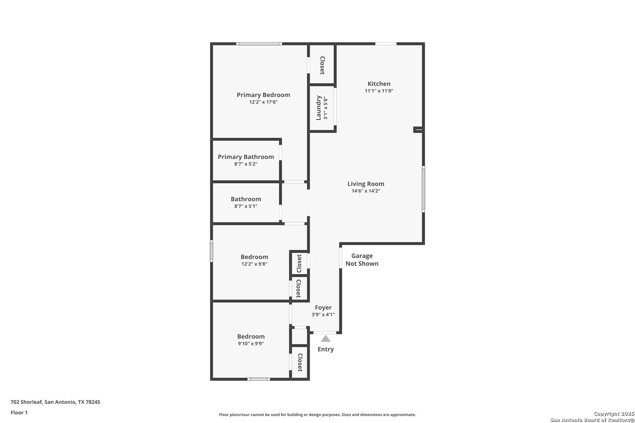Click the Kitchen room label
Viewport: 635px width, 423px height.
[379, 83]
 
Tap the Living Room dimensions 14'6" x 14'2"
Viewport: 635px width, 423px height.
[366, 191]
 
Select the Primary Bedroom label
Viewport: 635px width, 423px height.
[263, 95]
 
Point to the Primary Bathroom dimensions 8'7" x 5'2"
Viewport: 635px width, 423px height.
[246, 164]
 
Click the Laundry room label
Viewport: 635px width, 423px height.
[319, 108]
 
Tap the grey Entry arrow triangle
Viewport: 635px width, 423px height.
[325, 338]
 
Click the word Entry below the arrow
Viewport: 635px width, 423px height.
[325, 349]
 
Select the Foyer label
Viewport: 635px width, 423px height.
[323, 307]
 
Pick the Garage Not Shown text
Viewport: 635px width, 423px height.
[362, 260]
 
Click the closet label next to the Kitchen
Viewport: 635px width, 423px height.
[322, 65]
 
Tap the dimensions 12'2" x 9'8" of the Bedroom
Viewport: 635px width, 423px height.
[254, 264]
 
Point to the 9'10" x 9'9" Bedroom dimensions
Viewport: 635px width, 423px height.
[251, 343]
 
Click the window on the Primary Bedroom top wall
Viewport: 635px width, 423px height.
[259, 44]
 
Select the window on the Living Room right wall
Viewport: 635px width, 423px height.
[423, 189]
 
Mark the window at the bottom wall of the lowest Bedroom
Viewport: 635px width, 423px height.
[259, 379]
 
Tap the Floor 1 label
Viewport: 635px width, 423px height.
[19, 412]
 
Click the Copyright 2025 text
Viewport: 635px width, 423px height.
[614, 414]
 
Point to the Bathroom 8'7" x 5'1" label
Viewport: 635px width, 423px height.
[246, 202]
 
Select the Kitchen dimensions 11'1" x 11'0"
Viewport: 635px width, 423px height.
[379, 91]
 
